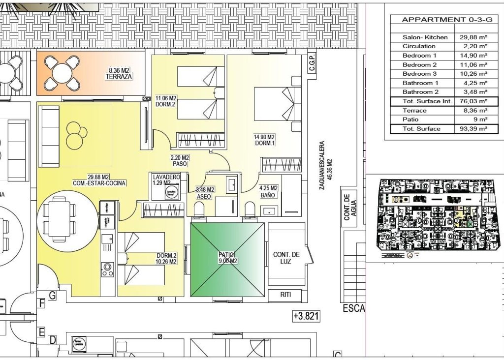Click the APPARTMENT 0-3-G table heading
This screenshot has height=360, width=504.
click(444, 20)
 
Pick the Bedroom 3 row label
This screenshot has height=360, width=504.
click(420, 74)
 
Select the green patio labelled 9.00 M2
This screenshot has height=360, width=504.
click(228, 260)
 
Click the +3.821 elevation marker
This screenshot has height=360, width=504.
click(306, 316)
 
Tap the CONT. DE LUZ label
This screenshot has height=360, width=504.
click(286, 258)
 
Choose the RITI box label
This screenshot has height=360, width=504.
click(286, 295)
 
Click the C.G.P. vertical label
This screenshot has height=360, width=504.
click(312, 64)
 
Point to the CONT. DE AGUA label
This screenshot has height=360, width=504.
click(350, 207)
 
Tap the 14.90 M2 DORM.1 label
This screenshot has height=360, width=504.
click(264, 140)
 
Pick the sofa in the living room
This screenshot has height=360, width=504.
click(48, 136)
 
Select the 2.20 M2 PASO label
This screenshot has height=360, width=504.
click(180, 161)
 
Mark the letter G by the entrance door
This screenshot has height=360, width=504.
click(52, 295)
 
